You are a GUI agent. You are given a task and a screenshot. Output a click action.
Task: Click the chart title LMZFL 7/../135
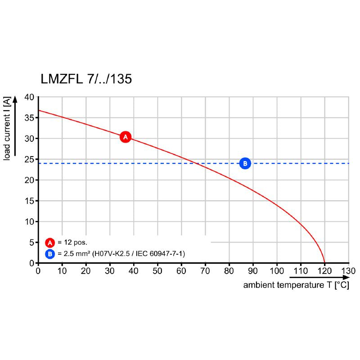pos(86,79)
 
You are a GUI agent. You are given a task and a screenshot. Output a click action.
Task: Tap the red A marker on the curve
pos(126,137)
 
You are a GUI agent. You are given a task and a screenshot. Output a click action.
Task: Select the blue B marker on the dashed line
pos(245,163)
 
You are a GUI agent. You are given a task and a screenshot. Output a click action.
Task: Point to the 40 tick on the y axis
pos(29,97)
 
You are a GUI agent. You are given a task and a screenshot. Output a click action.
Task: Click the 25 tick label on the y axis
pos(29,159)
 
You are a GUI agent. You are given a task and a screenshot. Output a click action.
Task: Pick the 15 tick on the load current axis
pos(29,201)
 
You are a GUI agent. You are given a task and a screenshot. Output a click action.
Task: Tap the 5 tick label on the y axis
pos(31,243)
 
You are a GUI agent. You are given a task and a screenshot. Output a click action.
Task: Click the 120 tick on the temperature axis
pos(324,271)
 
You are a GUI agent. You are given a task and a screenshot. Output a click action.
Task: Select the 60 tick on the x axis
pos(181,271)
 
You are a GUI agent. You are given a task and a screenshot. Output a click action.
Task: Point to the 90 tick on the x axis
pos(253,271)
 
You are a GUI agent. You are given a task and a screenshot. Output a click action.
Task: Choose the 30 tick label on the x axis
pos(110,271)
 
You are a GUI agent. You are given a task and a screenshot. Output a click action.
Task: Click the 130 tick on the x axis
pos(348,271)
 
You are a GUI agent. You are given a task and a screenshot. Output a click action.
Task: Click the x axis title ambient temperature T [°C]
pos(296,285)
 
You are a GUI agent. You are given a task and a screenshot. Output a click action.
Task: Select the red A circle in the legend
pos(50,242)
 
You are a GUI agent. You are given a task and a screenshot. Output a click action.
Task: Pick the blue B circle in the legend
pos(50,254)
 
